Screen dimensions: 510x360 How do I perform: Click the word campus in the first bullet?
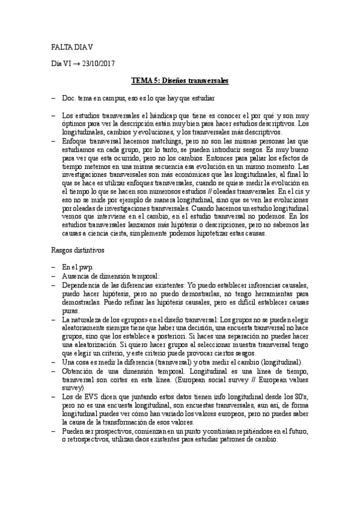(116, 97)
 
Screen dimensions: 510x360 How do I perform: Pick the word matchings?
(162, 140)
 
